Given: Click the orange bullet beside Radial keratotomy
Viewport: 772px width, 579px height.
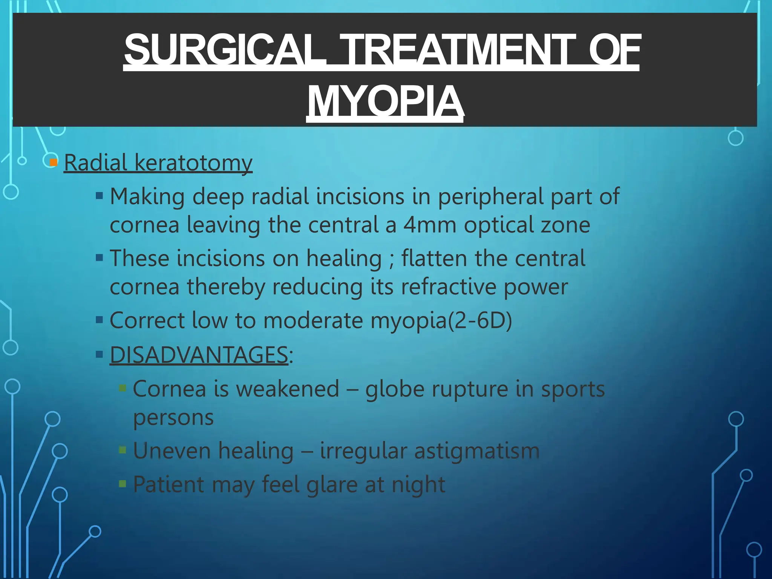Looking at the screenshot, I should [54, 162].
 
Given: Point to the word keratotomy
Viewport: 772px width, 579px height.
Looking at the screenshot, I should [193, 163].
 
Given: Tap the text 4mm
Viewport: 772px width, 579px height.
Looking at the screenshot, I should [430, 225].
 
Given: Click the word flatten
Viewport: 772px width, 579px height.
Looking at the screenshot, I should [434, 259].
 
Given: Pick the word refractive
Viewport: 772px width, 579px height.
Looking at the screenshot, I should [448, 287].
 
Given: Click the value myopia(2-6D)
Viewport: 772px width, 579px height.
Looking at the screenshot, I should [441, 321].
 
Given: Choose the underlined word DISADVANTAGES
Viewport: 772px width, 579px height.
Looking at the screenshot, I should [199, 355].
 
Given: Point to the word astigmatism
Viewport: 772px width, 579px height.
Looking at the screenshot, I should [477, 451].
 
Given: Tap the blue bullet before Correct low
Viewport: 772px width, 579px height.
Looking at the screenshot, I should [100, 320].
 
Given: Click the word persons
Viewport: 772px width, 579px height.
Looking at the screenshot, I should [173, 418].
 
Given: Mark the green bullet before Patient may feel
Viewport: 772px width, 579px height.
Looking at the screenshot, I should [123, 484].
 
